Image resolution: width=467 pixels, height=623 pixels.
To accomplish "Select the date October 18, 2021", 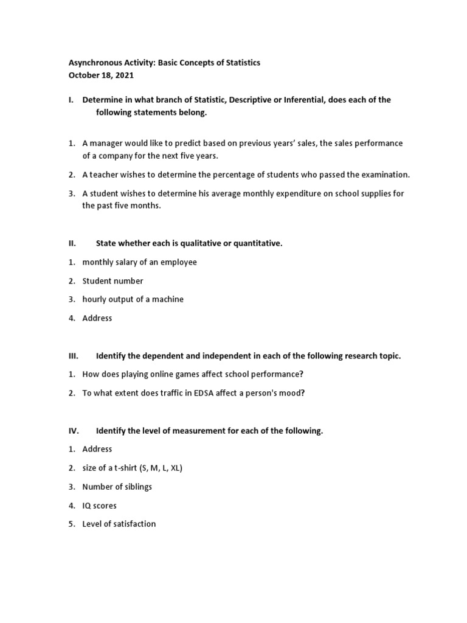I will pyautogui.click(x=100, y=75).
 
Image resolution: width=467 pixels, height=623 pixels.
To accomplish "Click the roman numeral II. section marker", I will pyautogui.click(x=72, y=243).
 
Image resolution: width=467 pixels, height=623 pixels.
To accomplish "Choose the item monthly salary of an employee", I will pyautogui.click(x=139, y=262).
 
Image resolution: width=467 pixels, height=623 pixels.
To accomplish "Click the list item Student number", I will pyautogui.click(x=113, y=281).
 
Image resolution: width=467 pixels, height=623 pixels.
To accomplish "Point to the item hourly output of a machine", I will pyautogui.click(x=133, y=299).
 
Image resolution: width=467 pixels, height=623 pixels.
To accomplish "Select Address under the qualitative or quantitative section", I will pyautogui.click(x=97, y=318).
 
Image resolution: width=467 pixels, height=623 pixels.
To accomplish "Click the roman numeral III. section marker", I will pyautogui.click(x=73, y=356).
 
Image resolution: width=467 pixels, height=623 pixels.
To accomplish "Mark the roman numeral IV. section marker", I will pyautogui.click(x=74, y=431).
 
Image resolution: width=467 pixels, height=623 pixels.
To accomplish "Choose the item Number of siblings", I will pyautogui.click(x=117, y=487).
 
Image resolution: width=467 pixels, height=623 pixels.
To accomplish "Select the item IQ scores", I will pyautogui.click(x=100, y=506).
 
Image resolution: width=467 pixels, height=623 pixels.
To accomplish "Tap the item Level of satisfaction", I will pyautogui.click(x=119, y=524).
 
